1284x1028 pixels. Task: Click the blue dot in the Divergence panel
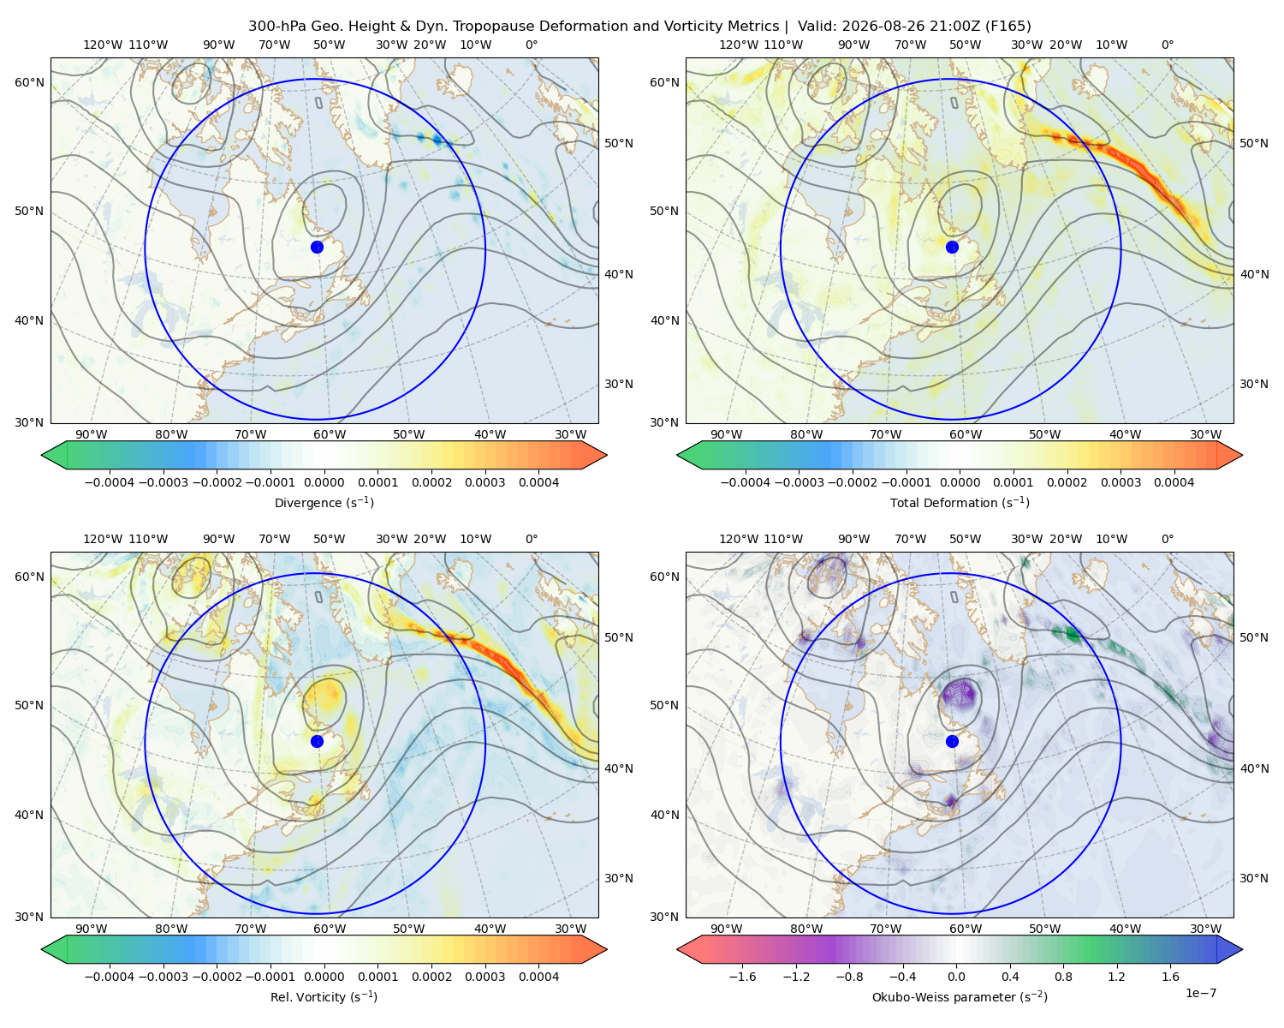317,247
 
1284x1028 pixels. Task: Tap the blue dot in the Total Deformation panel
952,247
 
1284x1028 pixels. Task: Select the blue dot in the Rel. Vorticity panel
317,741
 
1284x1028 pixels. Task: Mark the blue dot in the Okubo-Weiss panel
952,741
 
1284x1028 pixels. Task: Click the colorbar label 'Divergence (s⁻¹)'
324,502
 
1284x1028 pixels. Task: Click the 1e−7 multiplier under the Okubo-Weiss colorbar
1200,993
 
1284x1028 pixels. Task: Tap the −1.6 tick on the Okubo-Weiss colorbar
742,977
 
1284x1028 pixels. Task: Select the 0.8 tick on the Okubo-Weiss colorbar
1063,977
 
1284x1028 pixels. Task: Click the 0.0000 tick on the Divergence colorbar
324,482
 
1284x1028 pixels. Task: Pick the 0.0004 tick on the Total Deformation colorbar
1174,482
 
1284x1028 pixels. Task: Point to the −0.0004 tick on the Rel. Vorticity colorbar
110,977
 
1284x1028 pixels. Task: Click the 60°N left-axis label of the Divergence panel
29,82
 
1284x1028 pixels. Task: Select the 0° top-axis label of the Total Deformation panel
1167,45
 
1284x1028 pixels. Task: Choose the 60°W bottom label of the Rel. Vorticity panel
330,929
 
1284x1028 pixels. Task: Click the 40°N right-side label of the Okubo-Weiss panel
1254,768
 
